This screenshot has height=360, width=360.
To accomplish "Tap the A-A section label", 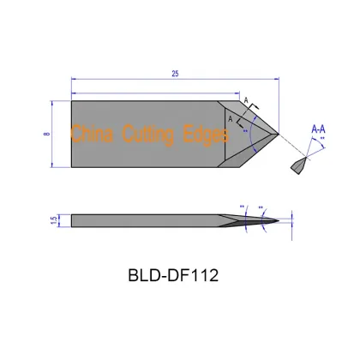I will coord(317,129).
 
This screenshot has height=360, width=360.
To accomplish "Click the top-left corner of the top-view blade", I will coord(72,101).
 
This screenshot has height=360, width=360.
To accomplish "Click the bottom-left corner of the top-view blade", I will coord(72,166).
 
